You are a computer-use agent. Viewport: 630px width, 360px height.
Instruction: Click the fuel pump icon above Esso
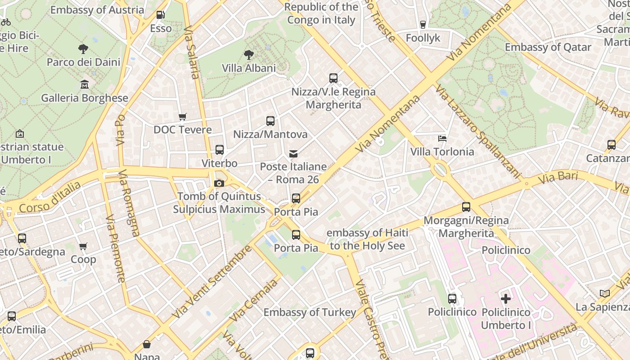160,15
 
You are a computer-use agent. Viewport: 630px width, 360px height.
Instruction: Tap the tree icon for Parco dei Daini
83,49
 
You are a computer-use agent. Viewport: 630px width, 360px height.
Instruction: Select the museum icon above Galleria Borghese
84,84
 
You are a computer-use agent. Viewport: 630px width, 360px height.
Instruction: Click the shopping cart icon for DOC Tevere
182,117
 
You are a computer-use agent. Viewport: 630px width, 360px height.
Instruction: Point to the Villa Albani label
248,68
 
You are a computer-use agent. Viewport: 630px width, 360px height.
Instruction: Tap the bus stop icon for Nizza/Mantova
270,121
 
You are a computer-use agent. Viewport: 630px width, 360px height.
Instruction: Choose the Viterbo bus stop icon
219,150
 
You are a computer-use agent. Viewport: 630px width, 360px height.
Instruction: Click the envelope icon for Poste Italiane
293,153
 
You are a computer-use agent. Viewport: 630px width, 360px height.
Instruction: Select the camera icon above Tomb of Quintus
219,183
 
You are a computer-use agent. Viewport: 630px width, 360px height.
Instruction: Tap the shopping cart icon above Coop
83,246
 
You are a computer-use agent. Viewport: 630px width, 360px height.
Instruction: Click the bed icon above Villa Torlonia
442,138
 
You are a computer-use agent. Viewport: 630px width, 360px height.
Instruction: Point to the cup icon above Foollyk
423,24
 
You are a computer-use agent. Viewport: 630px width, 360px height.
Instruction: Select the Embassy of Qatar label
548,47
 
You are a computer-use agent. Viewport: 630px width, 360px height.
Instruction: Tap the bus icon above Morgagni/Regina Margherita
466,207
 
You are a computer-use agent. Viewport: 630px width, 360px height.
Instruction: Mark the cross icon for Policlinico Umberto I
506,298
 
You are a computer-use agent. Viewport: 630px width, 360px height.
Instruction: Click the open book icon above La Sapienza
605,293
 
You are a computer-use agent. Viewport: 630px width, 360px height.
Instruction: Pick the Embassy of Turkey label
310,312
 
